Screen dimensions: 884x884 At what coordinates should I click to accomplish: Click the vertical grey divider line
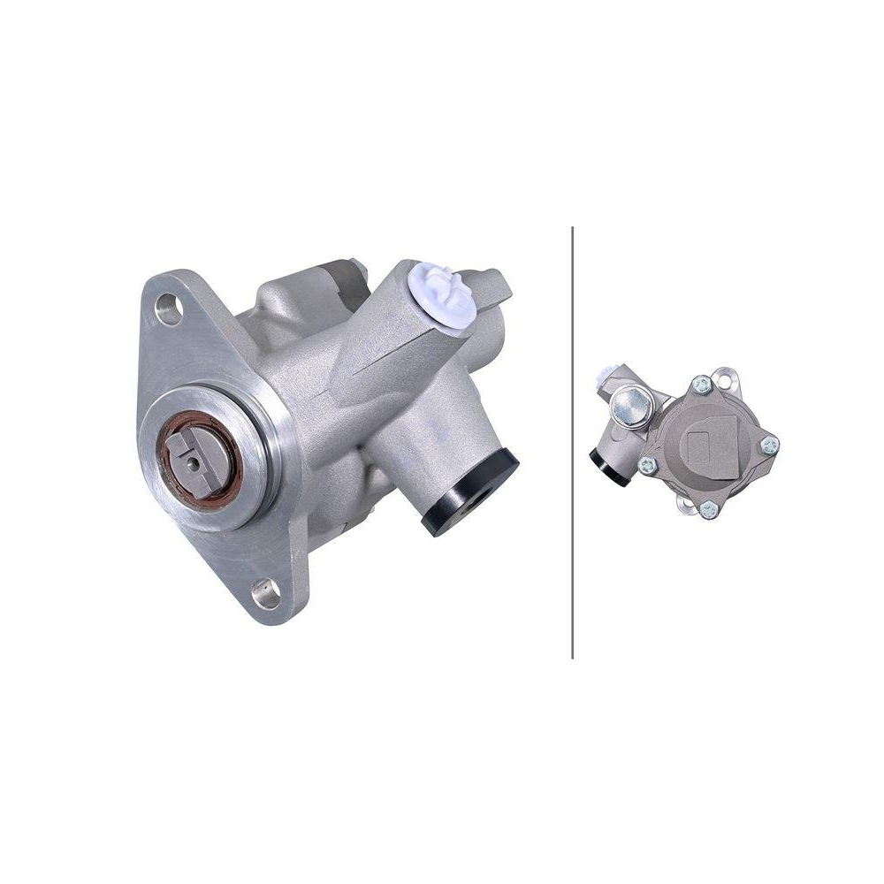(573, 442)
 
